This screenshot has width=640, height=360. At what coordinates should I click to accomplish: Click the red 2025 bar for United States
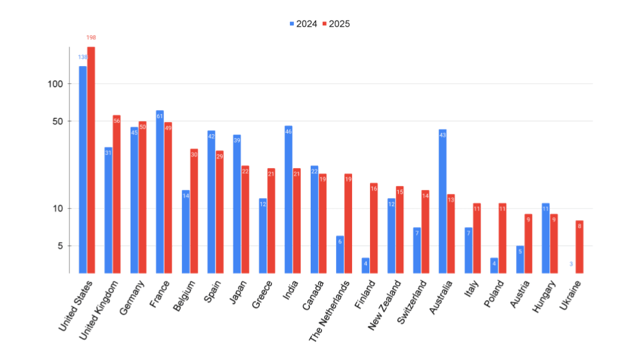point(91,160)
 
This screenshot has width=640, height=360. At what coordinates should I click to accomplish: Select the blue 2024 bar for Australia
point(443,201)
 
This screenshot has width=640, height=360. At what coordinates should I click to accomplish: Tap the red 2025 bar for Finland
point(374,227)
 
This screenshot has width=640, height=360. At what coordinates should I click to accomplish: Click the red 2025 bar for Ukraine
point(579,246)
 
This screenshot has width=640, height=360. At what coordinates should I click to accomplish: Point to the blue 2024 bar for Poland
point(494,265)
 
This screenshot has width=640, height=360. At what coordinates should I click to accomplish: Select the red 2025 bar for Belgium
point(194,211)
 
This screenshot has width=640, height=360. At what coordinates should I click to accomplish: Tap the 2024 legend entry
point(303,24)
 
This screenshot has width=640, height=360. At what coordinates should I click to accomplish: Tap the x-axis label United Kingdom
point(100,311)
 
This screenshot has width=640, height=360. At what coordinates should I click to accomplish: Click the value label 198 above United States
point(91,37)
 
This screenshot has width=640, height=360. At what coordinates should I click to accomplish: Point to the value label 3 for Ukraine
point(571,264)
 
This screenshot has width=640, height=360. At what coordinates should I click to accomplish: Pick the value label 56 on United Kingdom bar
point(117,121)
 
